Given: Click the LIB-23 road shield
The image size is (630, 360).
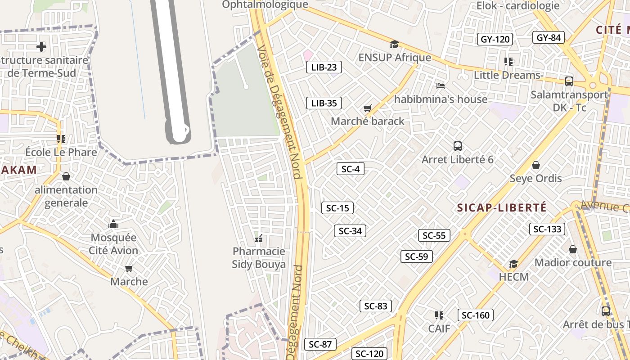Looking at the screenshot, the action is [324, 67].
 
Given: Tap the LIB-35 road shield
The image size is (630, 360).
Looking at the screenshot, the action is [324, 103].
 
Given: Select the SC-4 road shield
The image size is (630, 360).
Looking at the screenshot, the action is [350, 169].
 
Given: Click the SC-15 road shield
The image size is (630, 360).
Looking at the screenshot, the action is [337, 208].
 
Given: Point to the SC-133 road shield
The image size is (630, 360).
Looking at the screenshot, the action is [547, 229].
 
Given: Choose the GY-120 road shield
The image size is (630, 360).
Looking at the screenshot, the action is [495, 39].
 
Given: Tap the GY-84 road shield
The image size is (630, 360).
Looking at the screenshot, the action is [548, 37].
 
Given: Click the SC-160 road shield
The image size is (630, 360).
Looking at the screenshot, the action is [476, 315].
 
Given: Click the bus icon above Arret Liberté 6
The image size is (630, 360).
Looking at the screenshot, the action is [458, 146].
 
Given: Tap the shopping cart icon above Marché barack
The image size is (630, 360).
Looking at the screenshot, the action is [368, 108].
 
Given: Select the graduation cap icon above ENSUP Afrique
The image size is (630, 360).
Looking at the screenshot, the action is [394, 44].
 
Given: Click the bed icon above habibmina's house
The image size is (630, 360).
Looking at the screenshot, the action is [441, 85].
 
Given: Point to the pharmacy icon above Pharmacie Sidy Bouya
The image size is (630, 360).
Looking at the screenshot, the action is [259, 238].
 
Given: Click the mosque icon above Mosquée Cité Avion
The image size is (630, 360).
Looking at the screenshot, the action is [113, 224].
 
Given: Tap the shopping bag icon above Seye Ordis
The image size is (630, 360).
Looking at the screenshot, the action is [535, 165].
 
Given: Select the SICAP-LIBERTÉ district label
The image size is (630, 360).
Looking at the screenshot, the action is [502, 207].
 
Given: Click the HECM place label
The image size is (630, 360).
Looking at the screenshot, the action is [513, 277].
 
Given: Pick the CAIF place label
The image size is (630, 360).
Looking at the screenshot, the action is [439, 328].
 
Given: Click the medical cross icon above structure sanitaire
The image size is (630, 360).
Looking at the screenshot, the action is [41, 46].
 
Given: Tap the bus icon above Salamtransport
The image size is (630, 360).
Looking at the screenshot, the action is [569, 81].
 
